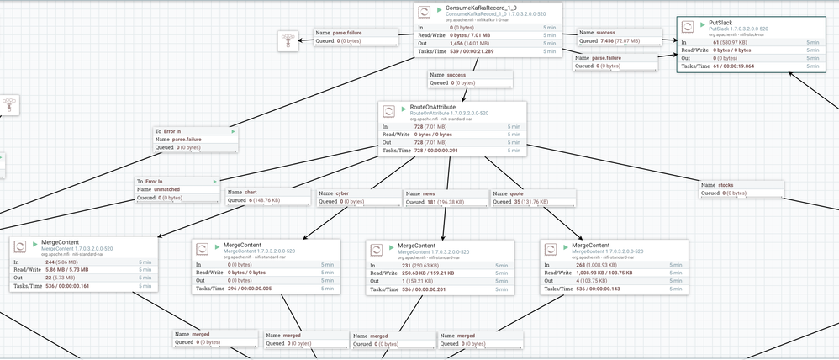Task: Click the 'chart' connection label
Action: coord(251,193)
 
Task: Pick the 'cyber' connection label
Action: coord(342,193)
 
